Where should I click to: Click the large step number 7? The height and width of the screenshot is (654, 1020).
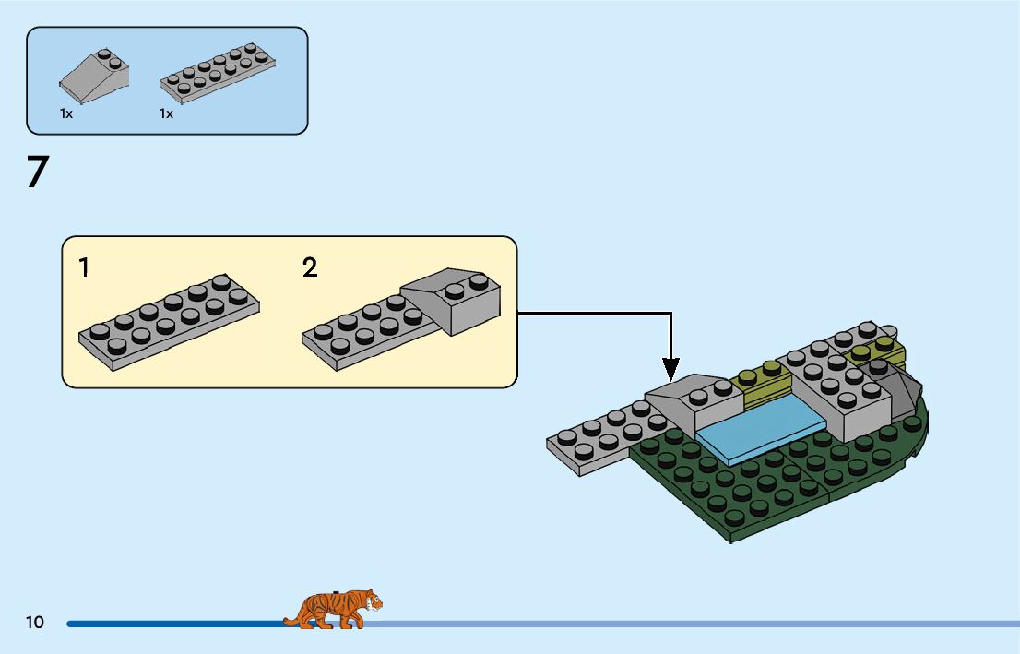tap(37, 172)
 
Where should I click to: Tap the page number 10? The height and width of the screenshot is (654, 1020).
tap(35, 623)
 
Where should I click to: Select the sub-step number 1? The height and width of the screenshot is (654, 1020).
tap(84, 268)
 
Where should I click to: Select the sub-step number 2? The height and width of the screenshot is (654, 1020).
tap(310, 268)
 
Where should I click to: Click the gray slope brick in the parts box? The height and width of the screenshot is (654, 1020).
tap(95, 74)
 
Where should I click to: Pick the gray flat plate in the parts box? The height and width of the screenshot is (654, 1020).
tap(218, 74)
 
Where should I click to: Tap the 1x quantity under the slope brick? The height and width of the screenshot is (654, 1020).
tap(66, 113)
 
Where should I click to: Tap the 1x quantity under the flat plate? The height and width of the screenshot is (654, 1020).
tap(166, 113)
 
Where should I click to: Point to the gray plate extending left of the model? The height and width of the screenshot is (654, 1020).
tap(599, 441)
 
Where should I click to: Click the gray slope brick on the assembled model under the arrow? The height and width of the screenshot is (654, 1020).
tap(696, 402)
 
